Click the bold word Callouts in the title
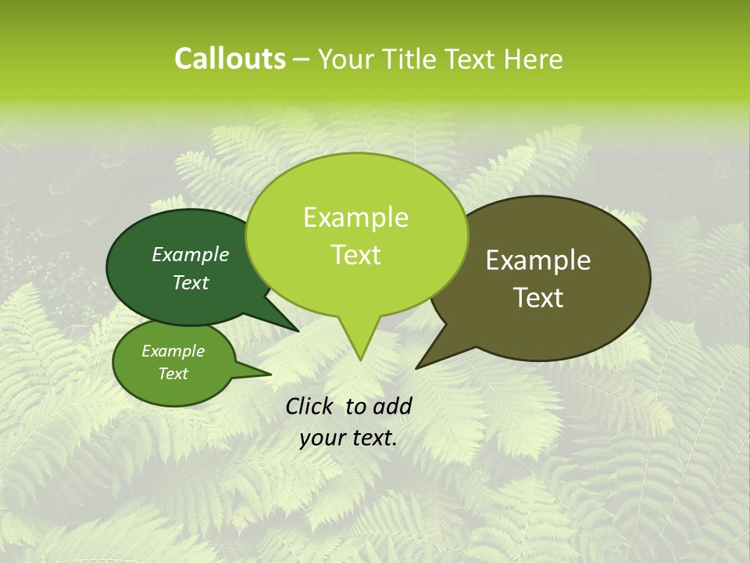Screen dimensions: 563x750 coord(230,59)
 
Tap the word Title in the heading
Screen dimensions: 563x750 coord(412,59)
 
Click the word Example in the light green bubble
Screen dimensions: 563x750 coord(355,217)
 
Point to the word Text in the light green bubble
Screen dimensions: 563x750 coord(355,255)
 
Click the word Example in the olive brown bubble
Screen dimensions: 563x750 coord(538,260)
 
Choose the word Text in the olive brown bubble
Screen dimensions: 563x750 coord(538,298)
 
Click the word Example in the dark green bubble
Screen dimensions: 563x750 coord(191,254)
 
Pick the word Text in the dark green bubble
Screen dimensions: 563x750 coord(191,282)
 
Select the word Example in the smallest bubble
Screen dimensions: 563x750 coord(173,351)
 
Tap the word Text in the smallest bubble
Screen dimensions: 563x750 coord(173,374)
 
